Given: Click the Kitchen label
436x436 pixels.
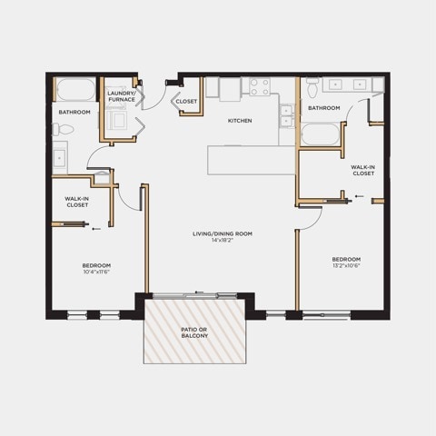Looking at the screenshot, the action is [x=240, y=121].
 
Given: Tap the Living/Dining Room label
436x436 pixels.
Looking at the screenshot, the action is [x=223, y=233].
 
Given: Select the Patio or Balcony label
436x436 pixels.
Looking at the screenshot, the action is [x=194, y=332].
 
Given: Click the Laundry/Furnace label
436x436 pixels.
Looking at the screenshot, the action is [x=122, y=96].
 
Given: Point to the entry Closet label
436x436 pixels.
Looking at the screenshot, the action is [x=186, y=102].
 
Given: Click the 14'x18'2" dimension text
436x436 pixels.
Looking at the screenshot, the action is [x=223, y=241].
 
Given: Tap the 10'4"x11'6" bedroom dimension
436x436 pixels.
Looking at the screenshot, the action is [x=96, y=272].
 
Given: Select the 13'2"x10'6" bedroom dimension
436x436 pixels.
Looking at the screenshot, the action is [x=346, y=266].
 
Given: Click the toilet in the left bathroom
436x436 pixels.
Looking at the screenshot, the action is [x=63, y=130].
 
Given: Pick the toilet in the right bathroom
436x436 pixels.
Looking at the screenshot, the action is [x=312, y=87].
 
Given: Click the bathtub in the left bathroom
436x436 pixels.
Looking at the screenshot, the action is [x=75, y=89].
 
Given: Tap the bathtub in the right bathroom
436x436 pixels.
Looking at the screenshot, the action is [x=321, y=134].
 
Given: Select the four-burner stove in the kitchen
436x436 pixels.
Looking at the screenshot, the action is [x=260, y=86].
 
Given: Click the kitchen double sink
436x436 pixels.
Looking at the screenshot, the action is [x=287, y=116].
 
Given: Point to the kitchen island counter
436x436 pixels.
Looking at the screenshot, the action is [x=252, y=160].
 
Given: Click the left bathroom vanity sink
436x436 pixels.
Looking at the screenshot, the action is [x=60, y=158].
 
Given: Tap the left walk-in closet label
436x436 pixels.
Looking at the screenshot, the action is [x=77, y=202].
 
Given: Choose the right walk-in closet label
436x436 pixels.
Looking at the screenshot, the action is [x=363, y=170].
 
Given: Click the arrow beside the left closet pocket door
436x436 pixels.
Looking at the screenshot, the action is [x=96, y=229].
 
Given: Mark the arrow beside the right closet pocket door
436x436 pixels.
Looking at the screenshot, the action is [x=360, y=196].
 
